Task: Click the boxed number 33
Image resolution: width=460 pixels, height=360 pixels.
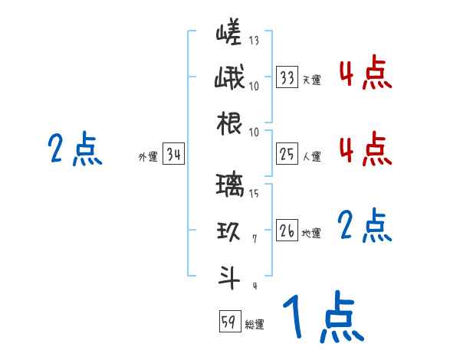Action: (287, 77)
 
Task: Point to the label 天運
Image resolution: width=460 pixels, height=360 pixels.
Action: (311, 80)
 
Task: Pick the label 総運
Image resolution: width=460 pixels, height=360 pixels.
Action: (255, 324)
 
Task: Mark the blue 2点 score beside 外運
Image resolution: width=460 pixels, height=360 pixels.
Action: (74, 149)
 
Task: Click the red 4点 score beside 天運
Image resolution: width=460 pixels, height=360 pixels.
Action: (365, 74)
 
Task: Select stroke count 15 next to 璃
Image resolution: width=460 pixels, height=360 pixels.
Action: (254, 193)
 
